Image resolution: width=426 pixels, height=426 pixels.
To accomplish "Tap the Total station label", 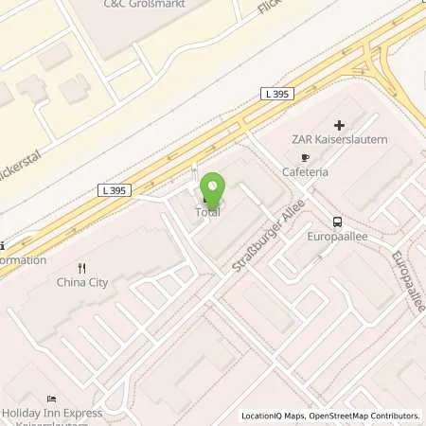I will tap(207, 213).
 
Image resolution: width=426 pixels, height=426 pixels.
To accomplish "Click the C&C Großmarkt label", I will tap(142, 5).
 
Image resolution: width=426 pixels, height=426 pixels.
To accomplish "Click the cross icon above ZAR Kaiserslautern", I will tap(339, 124).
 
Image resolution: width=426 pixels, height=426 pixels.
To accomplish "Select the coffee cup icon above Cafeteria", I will tap(304, 158).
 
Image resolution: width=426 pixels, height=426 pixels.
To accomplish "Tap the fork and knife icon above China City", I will tap(83, 266).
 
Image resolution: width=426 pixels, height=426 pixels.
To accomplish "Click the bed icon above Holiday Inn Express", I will tap(50, 399).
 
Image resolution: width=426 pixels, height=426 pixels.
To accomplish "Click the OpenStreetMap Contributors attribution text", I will tap(370, 416).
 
